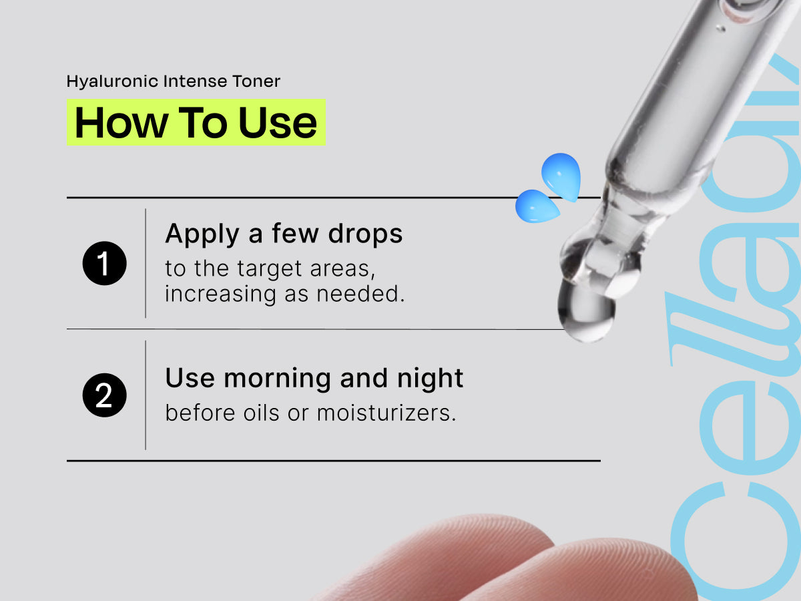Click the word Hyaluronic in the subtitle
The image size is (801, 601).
pos(112,81)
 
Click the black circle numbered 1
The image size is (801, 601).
pos(104,263)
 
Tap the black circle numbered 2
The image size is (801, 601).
pos(104,395)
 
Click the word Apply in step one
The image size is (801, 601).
pos(202,234)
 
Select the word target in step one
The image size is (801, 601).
pos(269,269)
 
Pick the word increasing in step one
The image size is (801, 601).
pos(220,294)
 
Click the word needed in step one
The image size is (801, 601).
pos(360,294)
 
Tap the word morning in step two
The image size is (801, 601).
pos(277,379)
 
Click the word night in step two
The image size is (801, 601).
pos(431,379)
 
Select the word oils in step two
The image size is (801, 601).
pos(261,413)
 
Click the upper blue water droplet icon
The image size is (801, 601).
pos(561,177)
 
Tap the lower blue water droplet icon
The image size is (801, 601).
pos(537,206)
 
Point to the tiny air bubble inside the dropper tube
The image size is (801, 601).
pos(720,28)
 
